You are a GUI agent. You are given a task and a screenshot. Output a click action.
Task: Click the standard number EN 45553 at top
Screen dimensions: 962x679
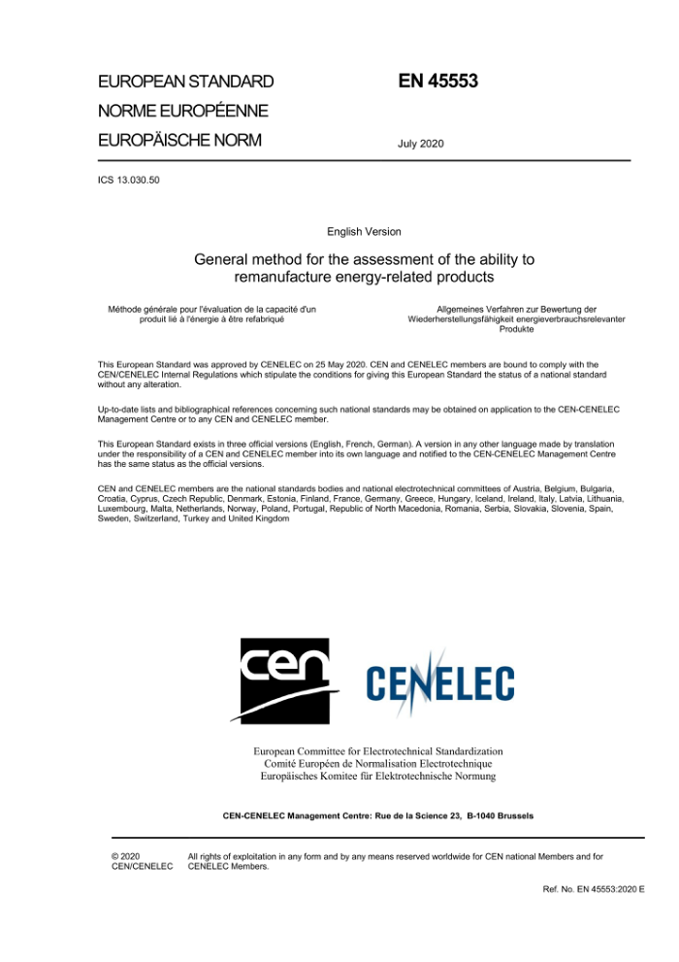437,82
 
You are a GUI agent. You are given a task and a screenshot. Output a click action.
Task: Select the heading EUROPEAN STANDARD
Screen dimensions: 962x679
186,82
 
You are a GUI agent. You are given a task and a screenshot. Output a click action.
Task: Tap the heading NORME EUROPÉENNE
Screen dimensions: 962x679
183,111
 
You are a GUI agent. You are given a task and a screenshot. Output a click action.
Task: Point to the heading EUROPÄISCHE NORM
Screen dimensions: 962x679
180,140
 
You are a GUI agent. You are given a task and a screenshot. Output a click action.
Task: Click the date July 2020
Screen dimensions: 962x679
420,144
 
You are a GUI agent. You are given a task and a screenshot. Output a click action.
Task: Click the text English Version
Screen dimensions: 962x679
364,232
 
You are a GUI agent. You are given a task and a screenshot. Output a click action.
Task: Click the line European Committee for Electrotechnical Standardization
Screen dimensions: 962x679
378,750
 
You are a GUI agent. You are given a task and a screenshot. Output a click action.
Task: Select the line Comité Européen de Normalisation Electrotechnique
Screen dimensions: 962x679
378,763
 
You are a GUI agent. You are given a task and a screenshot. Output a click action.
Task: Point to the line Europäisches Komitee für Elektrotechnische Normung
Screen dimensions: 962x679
378,776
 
